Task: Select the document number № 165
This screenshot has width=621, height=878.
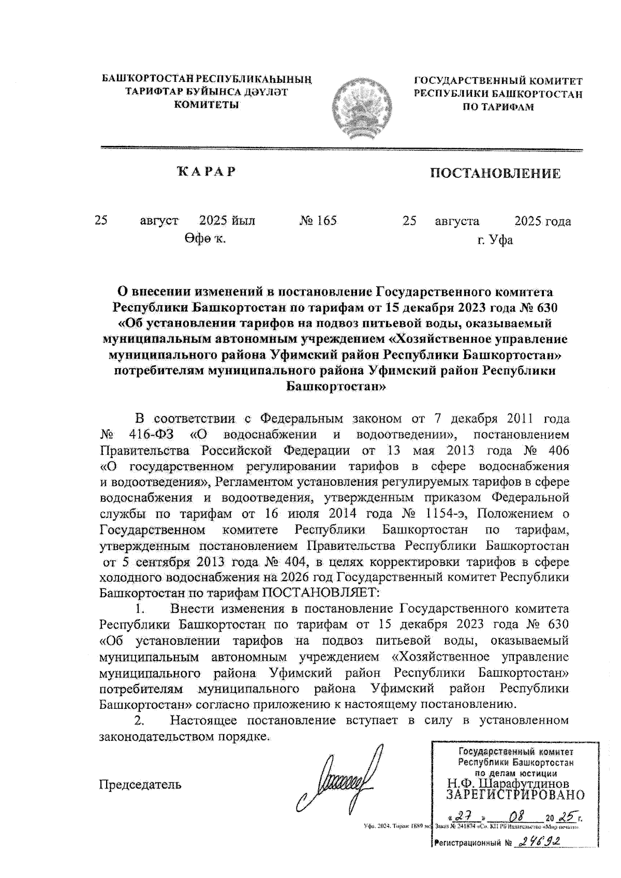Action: point(318,221)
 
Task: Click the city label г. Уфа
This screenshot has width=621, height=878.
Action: point(495,240)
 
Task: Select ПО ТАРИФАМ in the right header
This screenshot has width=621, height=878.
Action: point(497,107)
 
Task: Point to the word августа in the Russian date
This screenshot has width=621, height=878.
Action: point(457,221)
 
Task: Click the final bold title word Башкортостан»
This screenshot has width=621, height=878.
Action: point(335,387)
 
